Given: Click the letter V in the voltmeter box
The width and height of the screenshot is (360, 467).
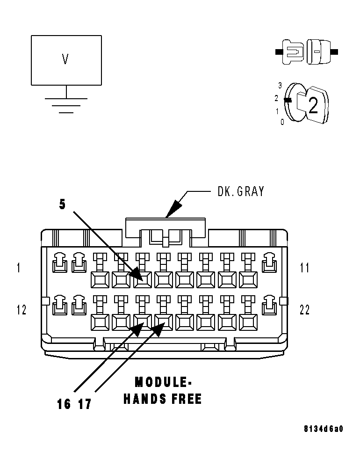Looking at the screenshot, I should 65,59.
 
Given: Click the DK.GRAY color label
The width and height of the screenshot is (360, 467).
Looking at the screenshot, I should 241,191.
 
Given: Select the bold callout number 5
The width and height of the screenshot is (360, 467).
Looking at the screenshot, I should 62,204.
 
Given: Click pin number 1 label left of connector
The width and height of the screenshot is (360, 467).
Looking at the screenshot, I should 19,268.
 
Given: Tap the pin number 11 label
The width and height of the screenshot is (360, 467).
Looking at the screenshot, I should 304,268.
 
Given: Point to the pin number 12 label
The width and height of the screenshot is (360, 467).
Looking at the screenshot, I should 22,310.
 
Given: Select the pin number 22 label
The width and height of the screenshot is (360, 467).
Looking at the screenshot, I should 304,310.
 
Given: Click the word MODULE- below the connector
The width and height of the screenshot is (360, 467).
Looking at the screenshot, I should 163,382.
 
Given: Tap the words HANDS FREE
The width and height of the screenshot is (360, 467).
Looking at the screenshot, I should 163,399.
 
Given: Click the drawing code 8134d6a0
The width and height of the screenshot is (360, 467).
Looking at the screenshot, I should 323,429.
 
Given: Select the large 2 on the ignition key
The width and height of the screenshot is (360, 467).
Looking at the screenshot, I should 313,106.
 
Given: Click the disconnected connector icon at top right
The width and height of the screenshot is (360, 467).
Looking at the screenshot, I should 306,51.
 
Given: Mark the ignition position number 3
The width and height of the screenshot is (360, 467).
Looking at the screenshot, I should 280,86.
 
